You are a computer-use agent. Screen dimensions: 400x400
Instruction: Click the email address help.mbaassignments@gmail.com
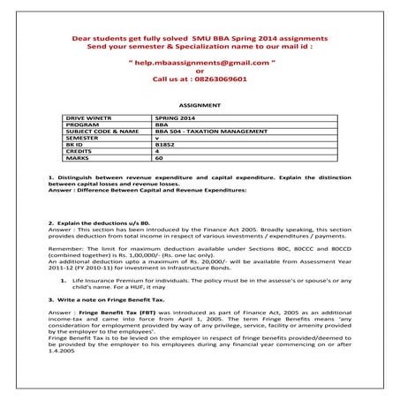199,64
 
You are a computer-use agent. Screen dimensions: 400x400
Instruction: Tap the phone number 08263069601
215,79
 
